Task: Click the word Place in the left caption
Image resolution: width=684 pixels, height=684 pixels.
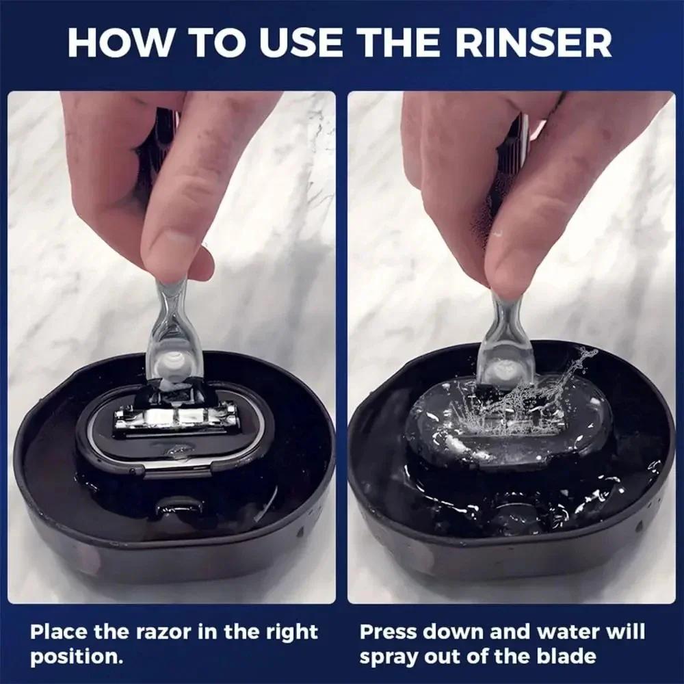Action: point(58,631)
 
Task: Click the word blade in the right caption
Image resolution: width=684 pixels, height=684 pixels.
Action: point(565,657)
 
